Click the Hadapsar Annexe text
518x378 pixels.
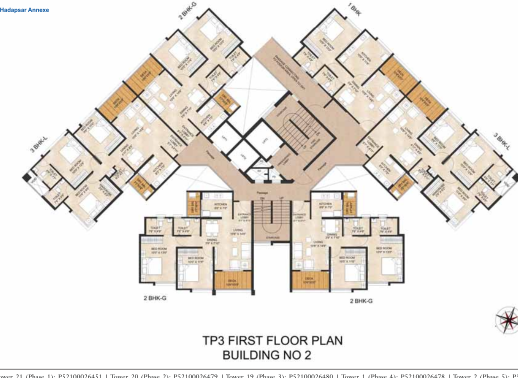click(x=24, y=10)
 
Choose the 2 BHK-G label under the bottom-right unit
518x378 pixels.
click(x=361, y=301)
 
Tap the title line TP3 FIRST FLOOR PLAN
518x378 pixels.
click(x=272, y=341)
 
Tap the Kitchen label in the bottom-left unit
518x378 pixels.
click(x=220, y=204)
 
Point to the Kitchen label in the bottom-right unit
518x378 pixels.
click(x=325, y=204)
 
